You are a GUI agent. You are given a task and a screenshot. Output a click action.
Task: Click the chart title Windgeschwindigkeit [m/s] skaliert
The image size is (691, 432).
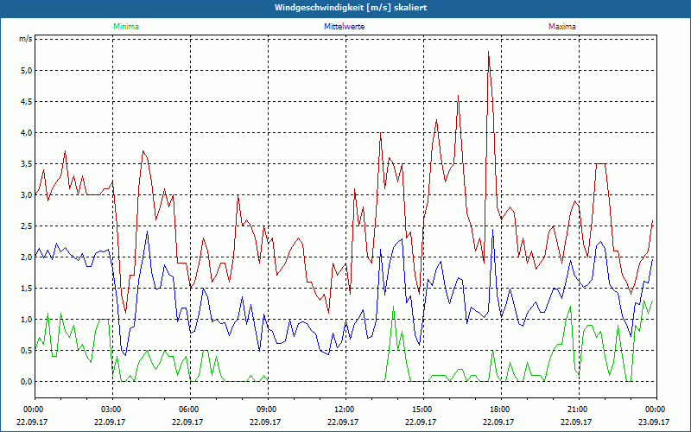(x=345, y=8)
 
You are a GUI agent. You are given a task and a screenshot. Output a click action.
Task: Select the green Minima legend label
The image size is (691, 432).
(x=125, y=27)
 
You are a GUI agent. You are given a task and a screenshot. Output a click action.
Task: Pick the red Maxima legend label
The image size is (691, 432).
(x=563, y=27)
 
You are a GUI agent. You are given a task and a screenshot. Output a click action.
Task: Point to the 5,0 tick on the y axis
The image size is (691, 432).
(x=25, y=71)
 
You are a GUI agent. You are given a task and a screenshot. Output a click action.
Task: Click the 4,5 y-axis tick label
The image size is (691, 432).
(x=25, y=102)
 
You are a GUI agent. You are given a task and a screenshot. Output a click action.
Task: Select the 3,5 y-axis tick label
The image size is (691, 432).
(x=25, y=164)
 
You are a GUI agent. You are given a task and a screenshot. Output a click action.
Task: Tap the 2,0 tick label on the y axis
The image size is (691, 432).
(x=25, y=257)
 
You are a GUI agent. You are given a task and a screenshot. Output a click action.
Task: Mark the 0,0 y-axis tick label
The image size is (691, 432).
(x=25, y=382)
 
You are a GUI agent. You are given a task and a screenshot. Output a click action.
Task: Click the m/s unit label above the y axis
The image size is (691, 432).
(x=25, y=40)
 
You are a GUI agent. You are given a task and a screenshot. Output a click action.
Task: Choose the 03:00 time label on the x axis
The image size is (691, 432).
(x=111, y=409)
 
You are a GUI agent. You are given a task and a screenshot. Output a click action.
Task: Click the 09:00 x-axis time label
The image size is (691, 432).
(x=267, y=409)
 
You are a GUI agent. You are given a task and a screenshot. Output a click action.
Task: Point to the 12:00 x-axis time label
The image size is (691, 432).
(x=345, y=409)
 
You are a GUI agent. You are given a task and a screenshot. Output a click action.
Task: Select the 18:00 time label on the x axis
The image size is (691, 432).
(x=500, y=409)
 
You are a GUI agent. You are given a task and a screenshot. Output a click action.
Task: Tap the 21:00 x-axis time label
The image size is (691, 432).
(x=578, y=409)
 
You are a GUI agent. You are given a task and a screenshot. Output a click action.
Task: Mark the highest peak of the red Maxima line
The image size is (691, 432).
(x=489, y=53)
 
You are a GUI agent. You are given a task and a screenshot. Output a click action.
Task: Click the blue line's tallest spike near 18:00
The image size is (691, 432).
(x=492, y=230)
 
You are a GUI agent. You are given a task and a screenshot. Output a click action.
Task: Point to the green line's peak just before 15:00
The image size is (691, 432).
(x=394, y=308)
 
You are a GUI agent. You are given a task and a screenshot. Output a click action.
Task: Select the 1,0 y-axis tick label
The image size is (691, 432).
(x=25, y=320)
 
